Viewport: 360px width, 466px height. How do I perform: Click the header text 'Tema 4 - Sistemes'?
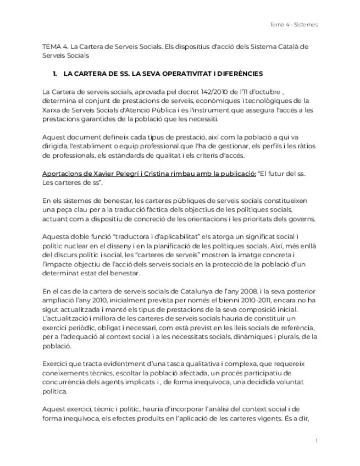tap(293, 25)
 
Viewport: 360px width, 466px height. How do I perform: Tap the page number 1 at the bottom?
tap(317, 441)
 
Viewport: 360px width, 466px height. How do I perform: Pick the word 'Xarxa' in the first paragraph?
tap(52, 109)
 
